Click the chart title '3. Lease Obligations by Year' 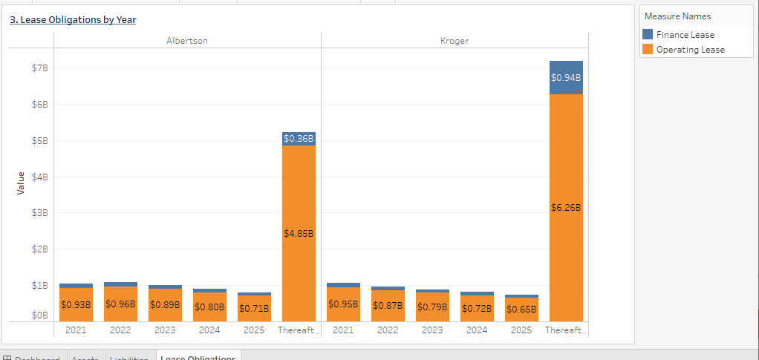pos(73,20)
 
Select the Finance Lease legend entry pos(685,35)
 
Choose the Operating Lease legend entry pos(690,50)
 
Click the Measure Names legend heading pos(677,16)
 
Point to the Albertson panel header pos(187,41)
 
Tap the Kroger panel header pos(455,41)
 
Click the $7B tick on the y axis pos(39,68)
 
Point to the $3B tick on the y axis pos(39,213)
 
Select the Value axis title pos(21,183)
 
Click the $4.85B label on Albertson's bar pos(299,233)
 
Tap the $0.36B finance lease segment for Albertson pos(299,139)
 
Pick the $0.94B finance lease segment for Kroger pos(566,77)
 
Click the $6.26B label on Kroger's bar pos(566,208)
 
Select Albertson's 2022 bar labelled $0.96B pos(120,304)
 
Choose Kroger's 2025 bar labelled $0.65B pos(521,309)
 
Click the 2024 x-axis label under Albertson pos(209,330)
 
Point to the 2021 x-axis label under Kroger pos(343,330)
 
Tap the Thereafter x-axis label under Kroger pos(566,330)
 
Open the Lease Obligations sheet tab pos(198,356)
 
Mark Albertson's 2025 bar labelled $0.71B pos(254,308)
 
